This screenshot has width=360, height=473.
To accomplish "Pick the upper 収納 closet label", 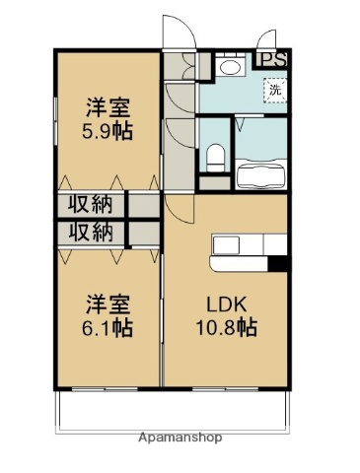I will click(90, 206).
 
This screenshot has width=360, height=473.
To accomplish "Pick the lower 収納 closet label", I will click(90, 233).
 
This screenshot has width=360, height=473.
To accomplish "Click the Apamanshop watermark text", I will click(180, 437).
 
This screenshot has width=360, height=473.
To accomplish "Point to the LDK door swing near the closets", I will click(180, 208).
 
